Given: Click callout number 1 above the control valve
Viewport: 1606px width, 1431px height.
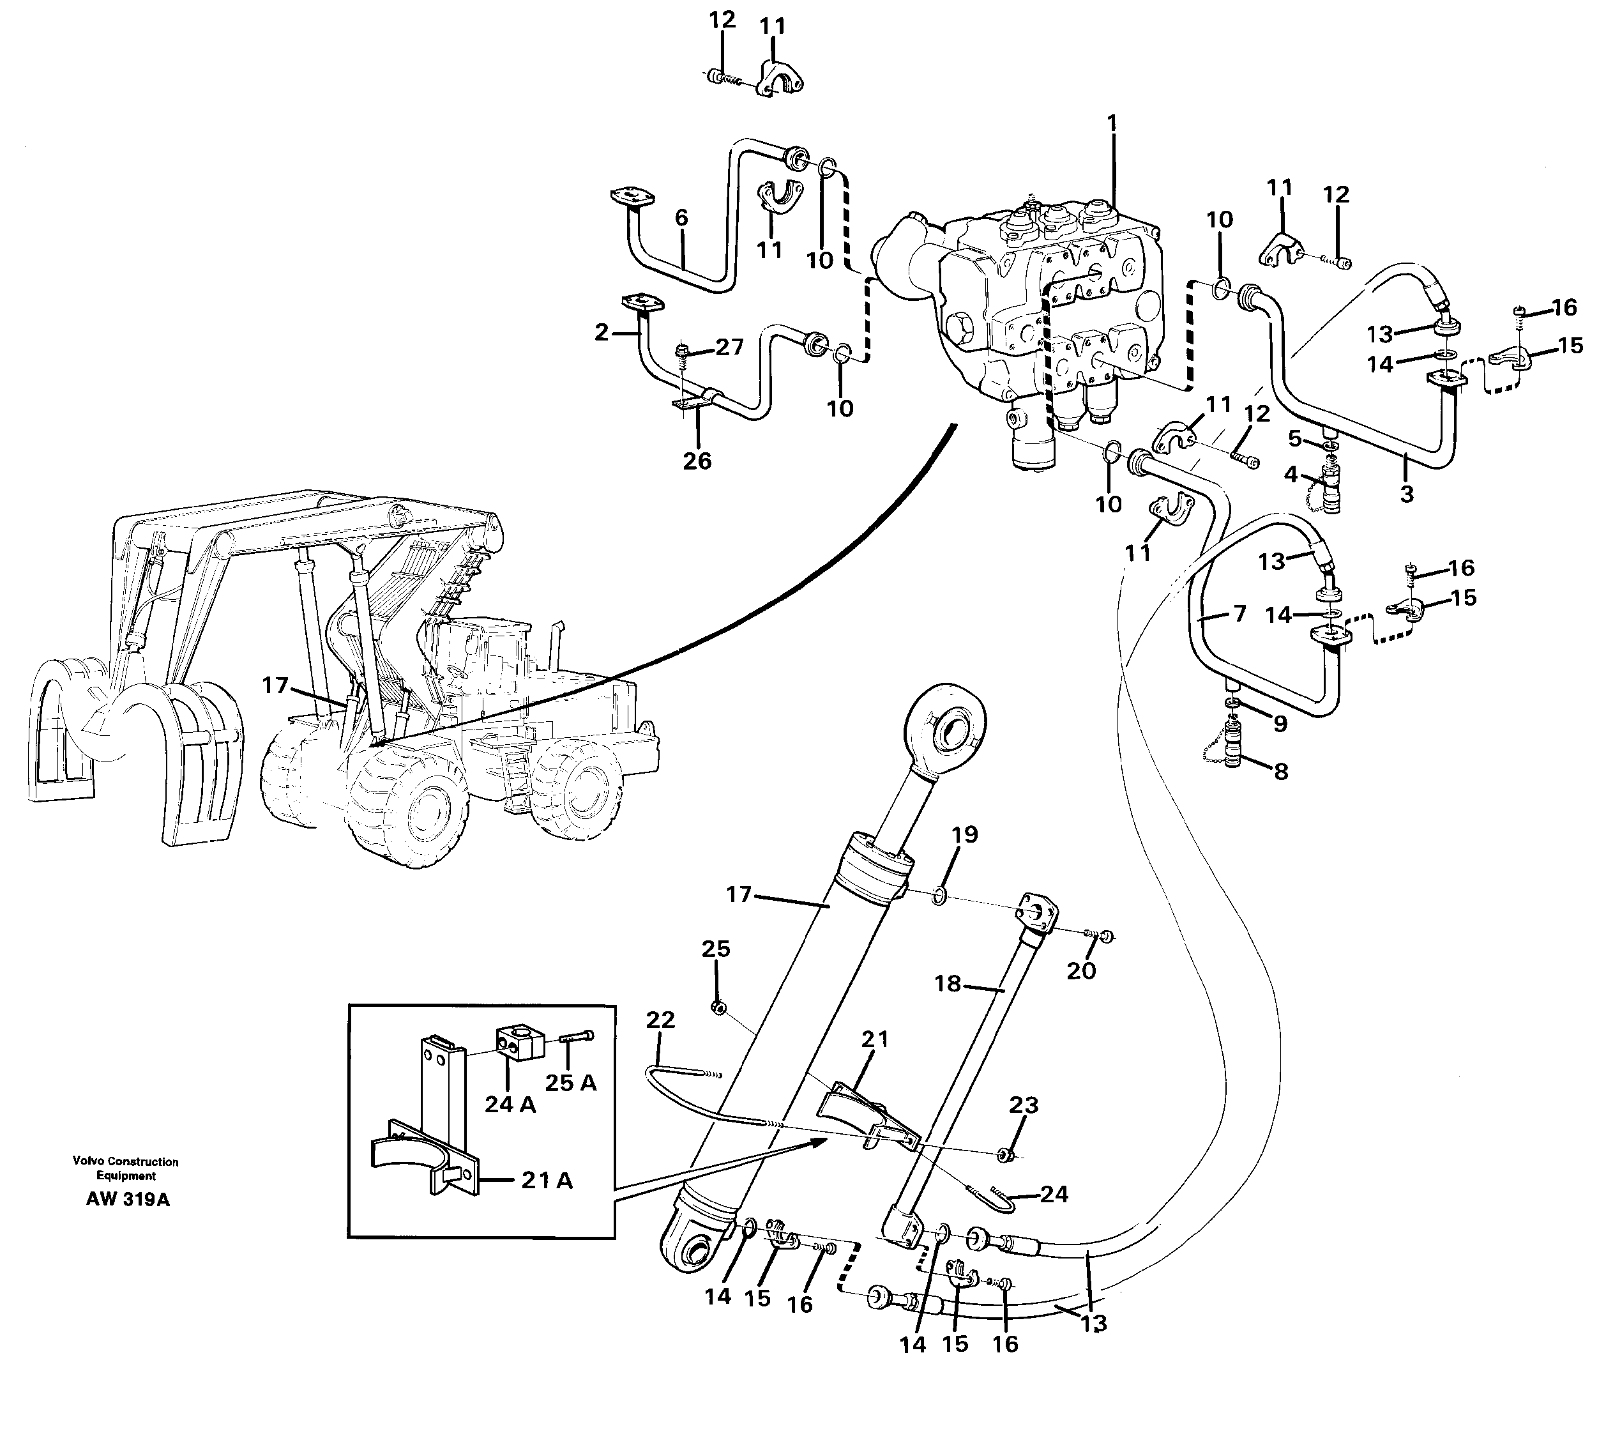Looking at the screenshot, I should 1112,123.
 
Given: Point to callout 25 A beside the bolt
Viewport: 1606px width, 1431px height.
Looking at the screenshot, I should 571,1083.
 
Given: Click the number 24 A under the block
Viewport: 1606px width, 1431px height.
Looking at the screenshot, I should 510,1104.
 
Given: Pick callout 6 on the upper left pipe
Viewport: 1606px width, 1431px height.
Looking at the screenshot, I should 681,218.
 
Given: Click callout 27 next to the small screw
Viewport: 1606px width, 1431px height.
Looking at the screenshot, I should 729,347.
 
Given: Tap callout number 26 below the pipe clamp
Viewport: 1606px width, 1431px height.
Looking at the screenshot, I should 697,461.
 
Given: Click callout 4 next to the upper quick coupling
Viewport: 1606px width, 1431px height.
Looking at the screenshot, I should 1291,474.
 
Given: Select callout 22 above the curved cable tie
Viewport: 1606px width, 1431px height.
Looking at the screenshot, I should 660,1020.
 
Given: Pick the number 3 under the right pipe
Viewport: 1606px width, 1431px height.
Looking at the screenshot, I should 1406,494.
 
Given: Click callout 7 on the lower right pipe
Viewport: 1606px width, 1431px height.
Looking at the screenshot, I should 1239,613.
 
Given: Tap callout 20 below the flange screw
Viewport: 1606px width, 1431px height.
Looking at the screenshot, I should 1081,971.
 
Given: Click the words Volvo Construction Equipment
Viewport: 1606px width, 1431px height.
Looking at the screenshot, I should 126,1168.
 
